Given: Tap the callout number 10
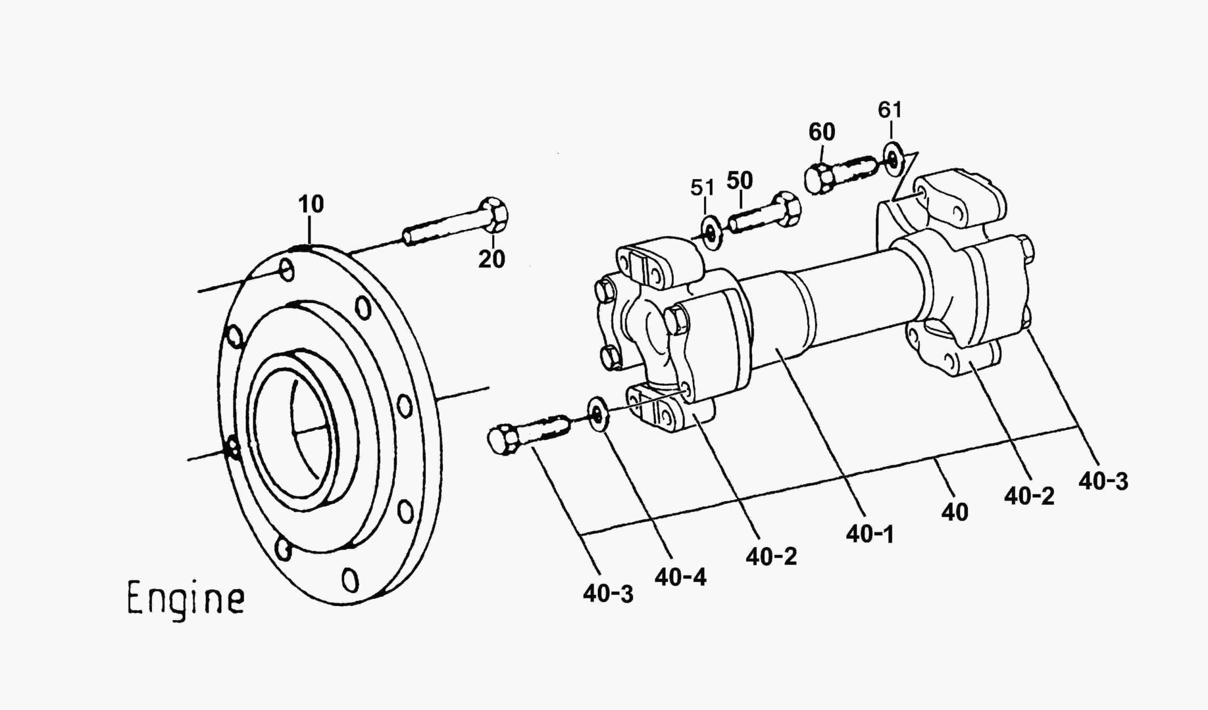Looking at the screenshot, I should (311, 204).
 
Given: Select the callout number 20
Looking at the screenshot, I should (491, 260).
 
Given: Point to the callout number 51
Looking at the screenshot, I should (702, 188).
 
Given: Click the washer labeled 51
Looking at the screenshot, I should (711, 233).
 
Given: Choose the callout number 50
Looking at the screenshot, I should (740, 180).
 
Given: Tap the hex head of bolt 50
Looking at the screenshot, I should (786, 210).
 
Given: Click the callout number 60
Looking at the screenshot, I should (821, 132).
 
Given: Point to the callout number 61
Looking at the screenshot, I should (890, 110).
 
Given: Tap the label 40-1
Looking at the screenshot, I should (870, 534).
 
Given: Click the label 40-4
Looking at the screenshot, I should (680, 577).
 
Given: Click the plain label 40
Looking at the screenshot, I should (954, 511).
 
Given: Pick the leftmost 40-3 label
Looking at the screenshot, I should (607, 594).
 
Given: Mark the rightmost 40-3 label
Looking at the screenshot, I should (1103, 481).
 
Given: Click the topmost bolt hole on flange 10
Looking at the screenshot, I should (288, 270).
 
